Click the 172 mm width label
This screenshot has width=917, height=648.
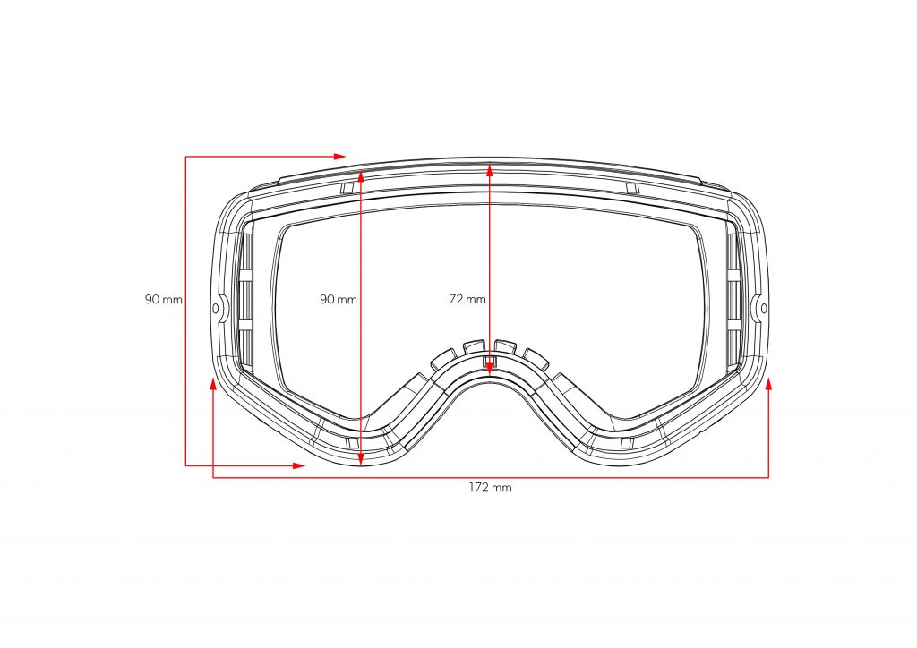pos(490,487)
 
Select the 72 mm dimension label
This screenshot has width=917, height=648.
pos(467,299)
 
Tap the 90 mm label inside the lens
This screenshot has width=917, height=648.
pos(338,299)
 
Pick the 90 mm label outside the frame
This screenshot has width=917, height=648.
pos(164,300)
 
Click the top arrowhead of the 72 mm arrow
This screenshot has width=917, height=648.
pos(490,170)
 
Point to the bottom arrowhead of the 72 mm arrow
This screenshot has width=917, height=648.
pos(490,369)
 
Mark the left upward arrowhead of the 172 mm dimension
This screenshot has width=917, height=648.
pos(213,383)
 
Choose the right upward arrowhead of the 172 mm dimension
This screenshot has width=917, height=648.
pos(768,383)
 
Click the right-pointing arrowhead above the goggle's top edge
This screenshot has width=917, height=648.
pos(339,157)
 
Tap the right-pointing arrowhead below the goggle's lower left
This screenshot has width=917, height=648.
pos(299,465)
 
